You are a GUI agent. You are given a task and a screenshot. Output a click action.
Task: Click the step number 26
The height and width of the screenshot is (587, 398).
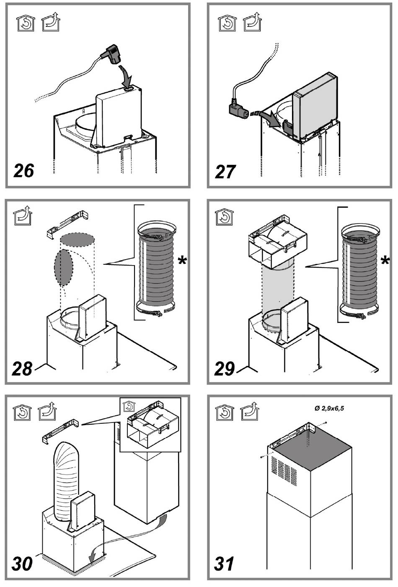[x=24, y=171]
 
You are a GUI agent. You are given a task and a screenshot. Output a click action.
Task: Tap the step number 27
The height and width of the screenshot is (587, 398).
[x=225, y=171]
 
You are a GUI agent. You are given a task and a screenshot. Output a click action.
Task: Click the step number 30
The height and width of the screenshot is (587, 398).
[x=22, y=564]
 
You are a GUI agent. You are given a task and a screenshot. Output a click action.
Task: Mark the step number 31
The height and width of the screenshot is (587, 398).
[x=224, y=564]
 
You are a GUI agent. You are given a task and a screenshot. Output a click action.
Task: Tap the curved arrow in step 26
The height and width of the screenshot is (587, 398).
[x=126, y=76]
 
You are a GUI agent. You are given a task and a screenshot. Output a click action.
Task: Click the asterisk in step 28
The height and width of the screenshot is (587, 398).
[x=182, y=261]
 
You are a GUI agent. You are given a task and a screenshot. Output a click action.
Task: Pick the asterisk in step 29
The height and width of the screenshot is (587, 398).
[x=385, y=261]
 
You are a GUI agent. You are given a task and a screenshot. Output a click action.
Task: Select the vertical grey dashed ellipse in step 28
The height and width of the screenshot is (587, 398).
[x=64, y=268]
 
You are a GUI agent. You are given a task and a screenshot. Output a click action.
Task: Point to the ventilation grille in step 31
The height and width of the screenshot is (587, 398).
[x=284, y=469]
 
